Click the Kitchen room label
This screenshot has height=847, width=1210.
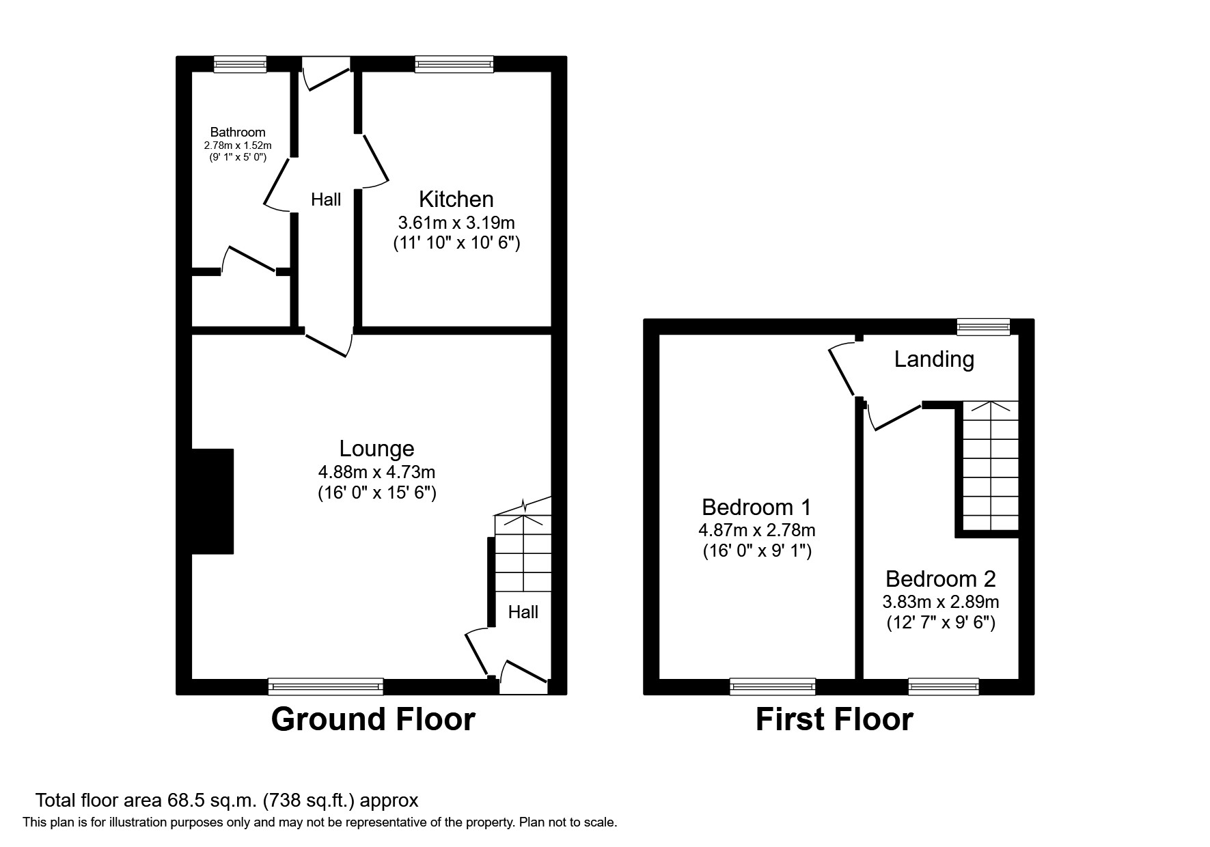[x=456, y=199]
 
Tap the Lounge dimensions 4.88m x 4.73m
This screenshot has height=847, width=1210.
[x=376, y=472]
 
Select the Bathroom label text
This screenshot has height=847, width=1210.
[x=237, y=132]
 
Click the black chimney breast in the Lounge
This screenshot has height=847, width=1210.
[x=212, y=501]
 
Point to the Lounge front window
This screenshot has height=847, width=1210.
[x=325, y=686]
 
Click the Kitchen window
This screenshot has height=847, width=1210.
[x=454, y=64]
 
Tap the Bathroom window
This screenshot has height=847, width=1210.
[x=240, y=64]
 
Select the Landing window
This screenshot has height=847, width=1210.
[x=983, y=327]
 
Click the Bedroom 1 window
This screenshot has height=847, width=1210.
[x=773, y=686]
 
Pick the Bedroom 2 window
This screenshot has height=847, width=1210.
[x=944, y=686]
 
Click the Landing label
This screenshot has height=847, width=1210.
[x=934, y=359]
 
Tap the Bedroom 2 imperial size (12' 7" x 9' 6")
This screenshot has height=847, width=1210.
[x=941, y=623]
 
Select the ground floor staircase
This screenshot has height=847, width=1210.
[x=523, y=553]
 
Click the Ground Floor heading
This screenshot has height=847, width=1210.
[x=373, y=719]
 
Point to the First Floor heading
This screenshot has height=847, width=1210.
[x=834, y=719]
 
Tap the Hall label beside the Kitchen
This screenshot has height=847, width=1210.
[x=326, y=200]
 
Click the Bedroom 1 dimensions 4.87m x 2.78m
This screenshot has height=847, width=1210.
[x=756, y=529]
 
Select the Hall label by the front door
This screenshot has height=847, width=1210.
[x=523, y=612]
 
